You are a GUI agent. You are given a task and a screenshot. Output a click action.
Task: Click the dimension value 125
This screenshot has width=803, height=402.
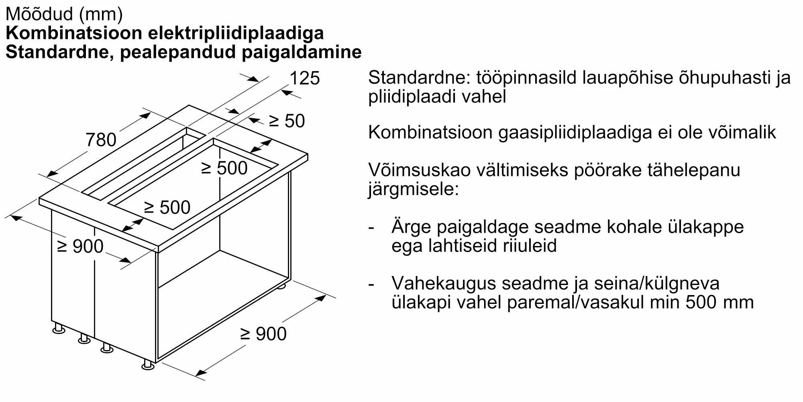(x=304, y=78)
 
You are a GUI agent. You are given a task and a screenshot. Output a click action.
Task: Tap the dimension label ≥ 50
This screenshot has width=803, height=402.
(x=287, y=121)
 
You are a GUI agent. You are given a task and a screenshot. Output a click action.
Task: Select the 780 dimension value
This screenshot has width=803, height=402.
(x=101, y=140)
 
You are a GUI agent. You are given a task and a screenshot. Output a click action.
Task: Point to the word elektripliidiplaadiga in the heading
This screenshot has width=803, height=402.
(x=236, y=33)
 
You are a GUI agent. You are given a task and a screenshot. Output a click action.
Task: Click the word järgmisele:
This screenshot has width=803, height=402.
(x=413, y=189)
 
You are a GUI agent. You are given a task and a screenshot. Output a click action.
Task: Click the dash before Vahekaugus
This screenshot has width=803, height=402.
(x=371, y=284)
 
